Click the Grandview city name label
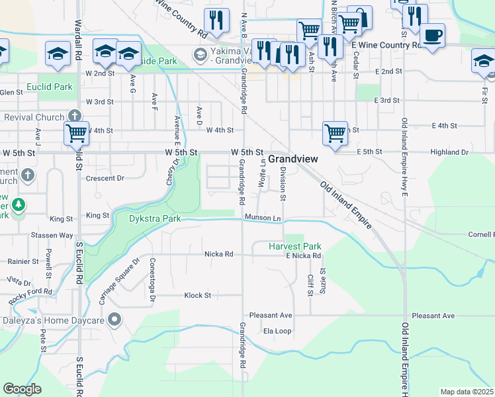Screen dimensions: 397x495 (x=292, y=159)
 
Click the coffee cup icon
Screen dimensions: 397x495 (x=433, y=35)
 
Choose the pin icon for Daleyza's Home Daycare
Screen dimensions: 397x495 (x=114, y=320)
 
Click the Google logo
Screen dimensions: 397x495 (x=22, y=389)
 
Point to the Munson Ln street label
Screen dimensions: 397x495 (x=263, y=218)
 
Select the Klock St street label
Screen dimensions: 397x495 (x=197, y=295)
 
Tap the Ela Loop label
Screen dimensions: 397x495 (x=277, y=331)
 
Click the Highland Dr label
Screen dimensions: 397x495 (x=449, y=152)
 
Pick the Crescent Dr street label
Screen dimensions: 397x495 (x=105, y=178)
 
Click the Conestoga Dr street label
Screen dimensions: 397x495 (x=152, y=271)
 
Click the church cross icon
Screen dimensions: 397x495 (x=27, y=175)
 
